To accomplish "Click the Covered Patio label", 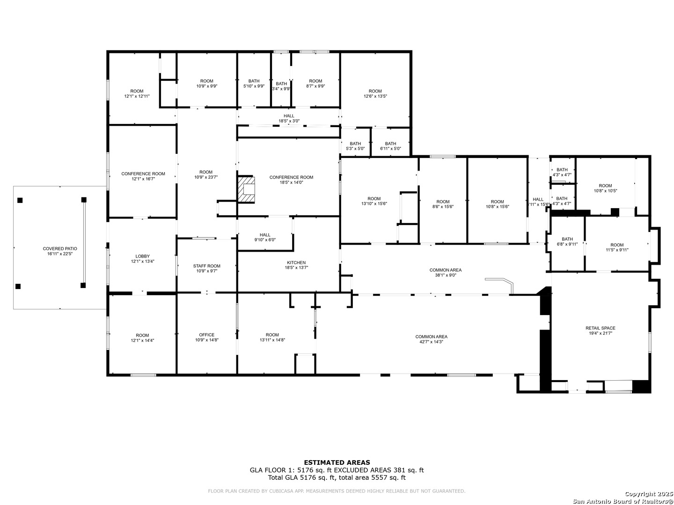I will [x=60, y=251].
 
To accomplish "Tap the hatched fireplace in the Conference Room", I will [x=247, y=189].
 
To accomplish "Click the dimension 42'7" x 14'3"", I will [x=431, y=342].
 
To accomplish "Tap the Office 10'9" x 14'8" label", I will [x=206, y=337].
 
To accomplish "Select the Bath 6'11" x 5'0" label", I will [x=390, y=146].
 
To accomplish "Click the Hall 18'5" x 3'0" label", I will [x=289, y=118].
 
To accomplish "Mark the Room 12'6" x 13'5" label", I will [x=375, y=94].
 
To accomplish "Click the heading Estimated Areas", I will [x=337, y=462].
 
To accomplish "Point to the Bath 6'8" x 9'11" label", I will [x=567, y=241].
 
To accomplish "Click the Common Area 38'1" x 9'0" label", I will [x=445, y=272].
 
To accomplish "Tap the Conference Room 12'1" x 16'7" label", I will [x=143, y=176].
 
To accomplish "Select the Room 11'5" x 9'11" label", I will [x=617, y=247].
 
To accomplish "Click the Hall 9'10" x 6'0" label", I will [x=265, y=237].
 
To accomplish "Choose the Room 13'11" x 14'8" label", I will [x=272, y=337].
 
